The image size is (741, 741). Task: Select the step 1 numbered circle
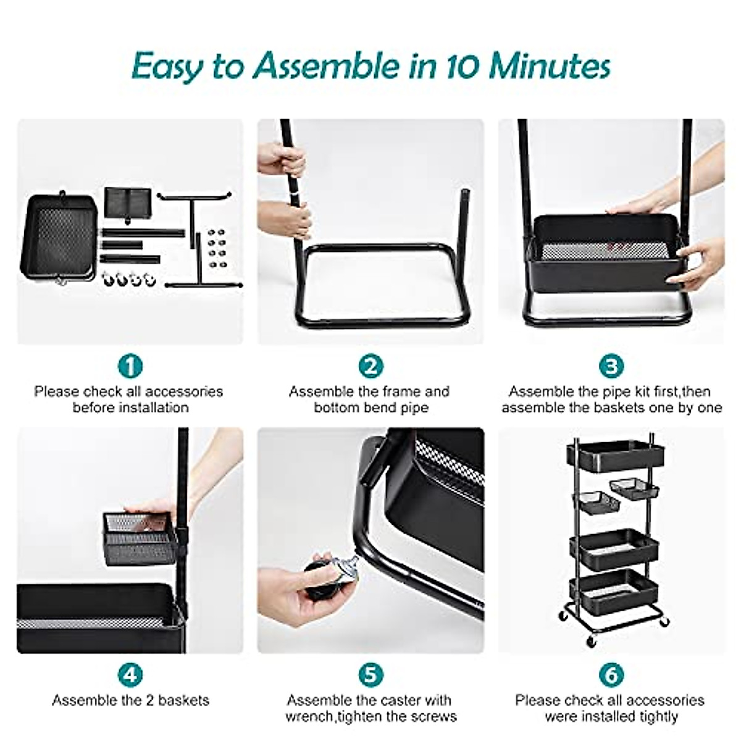pos(130,366)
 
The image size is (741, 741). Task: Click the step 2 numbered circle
pos(371,366)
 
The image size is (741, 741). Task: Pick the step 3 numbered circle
pos(611,366)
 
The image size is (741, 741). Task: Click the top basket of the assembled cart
pos(615,458)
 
